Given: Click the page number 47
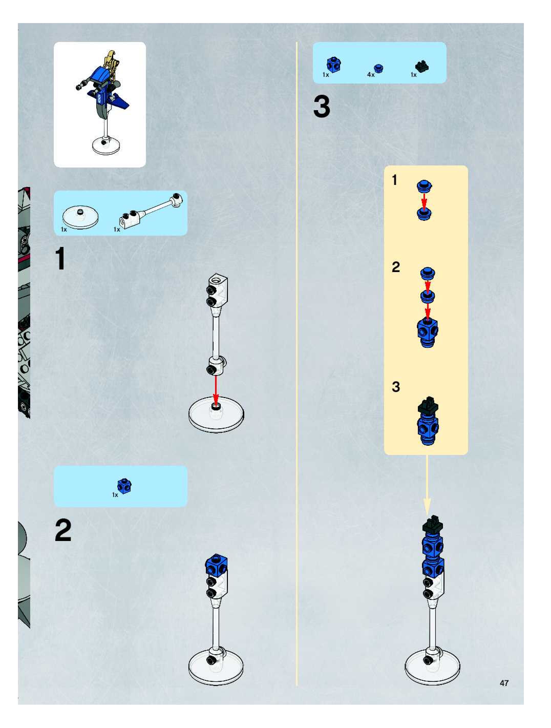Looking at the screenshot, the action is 504,683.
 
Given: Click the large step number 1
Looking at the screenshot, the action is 60,259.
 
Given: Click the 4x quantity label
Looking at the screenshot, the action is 371,75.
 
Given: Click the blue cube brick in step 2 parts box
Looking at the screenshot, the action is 124,486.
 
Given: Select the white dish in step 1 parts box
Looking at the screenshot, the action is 80,217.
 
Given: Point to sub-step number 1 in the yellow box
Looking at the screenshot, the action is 394,180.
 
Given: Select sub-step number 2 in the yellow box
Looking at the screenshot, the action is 396,267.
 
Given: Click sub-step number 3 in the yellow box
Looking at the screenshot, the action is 396,387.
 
